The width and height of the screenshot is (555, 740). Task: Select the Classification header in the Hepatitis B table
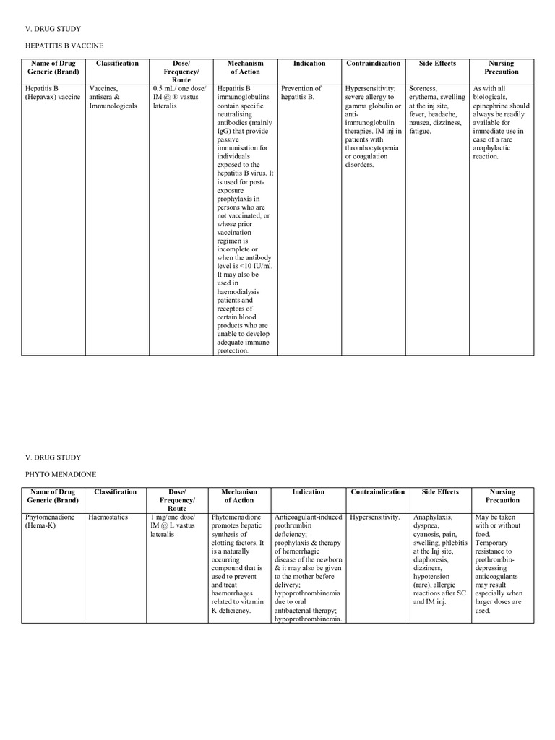[117, 64]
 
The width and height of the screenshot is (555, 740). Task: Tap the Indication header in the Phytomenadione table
[308, 492]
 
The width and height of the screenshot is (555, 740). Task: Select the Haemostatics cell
[108, 518]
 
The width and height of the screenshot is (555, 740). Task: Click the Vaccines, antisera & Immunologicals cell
[113, 97]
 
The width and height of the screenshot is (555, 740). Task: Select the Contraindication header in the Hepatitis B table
[374, 64]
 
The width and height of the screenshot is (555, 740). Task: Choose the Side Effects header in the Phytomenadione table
[440, 492]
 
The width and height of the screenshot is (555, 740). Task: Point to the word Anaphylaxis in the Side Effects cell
[433, 517]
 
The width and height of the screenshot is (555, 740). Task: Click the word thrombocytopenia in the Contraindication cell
[373, 148]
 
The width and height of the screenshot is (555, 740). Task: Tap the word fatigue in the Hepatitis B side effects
[420, 132]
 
